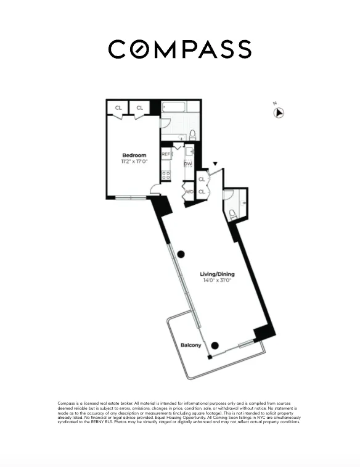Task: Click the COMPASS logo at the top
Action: tap(179, 49)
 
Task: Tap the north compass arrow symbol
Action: tap(279, 112)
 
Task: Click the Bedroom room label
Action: tap(134, 155)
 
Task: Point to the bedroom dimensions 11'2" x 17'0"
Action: tap(134, 162)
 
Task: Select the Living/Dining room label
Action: tap(217, 274)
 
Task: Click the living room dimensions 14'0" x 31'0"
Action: tap(217, 281)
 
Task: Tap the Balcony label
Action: tap(190, 345)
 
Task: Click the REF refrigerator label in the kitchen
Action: tap(166, 154)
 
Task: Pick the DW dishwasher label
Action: tap(187, 164)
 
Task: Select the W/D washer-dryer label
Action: tap(189, 192)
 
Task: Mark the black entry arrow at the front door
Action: tap(215, 164)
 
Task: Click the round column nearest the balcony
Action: tap(215, 346)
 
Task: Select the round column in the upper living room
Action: tap(181, 254)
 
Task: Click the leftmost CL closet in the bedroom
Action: tap(118, 107)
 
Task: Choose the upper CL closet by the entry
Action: tap(202, 180)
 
